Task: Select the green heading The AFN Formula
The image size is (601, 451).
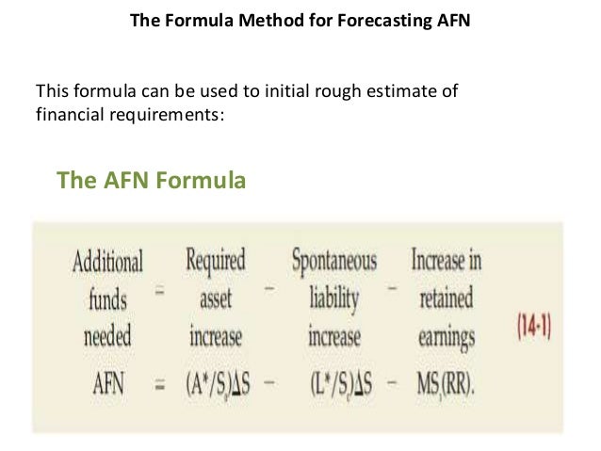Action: click(x=152, y=180)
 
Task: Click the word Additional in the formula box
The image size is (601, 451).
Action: click(x=107, y=261)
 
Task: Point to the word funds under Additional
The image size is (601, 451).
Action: click(x=108, y=298)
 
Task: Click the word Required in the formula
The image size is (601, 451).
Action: click(x=215, y=260)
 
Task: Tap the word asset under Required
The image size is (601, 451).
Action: click(x=215, y=298)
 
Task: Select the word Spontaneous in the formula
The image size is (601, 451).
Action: click(x=333, y=260)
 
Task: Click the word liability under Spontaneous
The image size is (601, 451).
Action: click(x=333, y=298)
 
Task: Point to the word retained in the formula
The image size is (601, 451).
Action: click(x=446, y=298)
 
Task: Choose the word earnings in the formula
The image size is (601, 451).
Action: click(x=446, y=336)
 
